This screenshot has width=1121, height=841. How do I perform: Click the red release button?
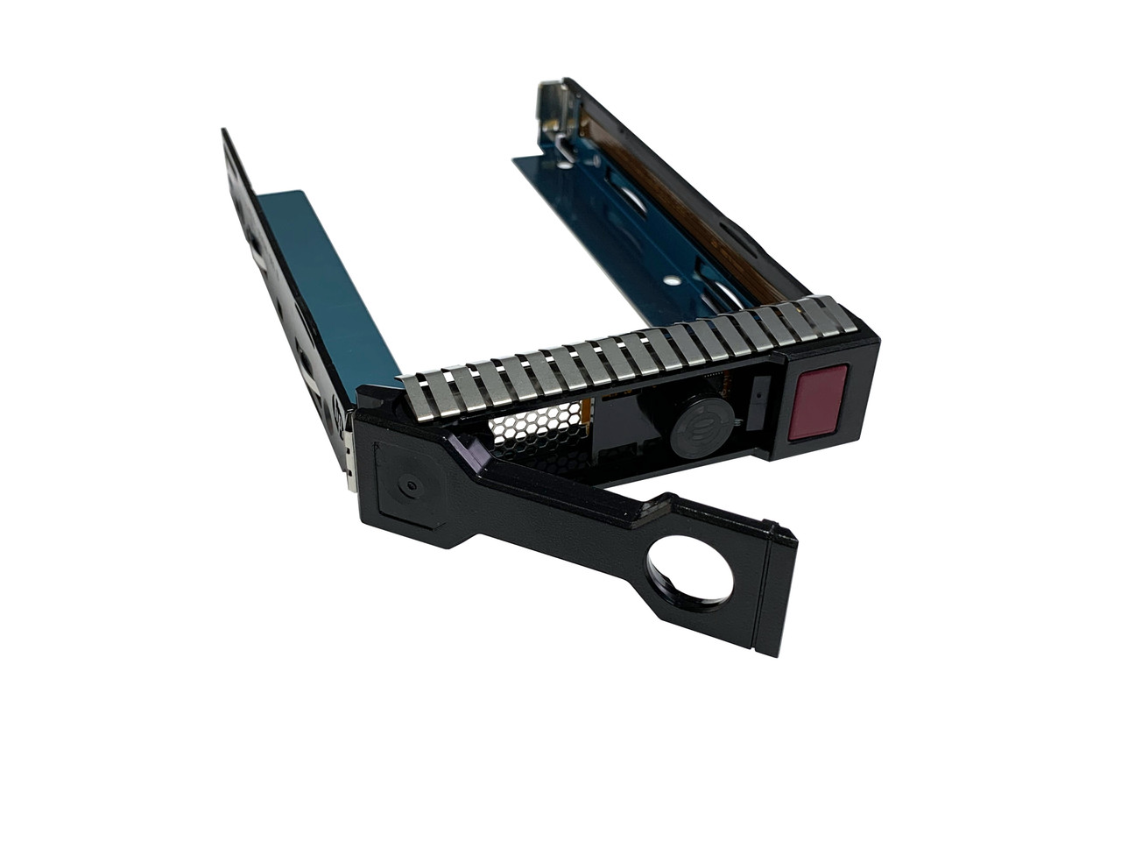pos(817,402)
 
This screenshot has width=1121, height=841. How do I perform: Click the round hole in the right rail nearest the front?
pos(672,281)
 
